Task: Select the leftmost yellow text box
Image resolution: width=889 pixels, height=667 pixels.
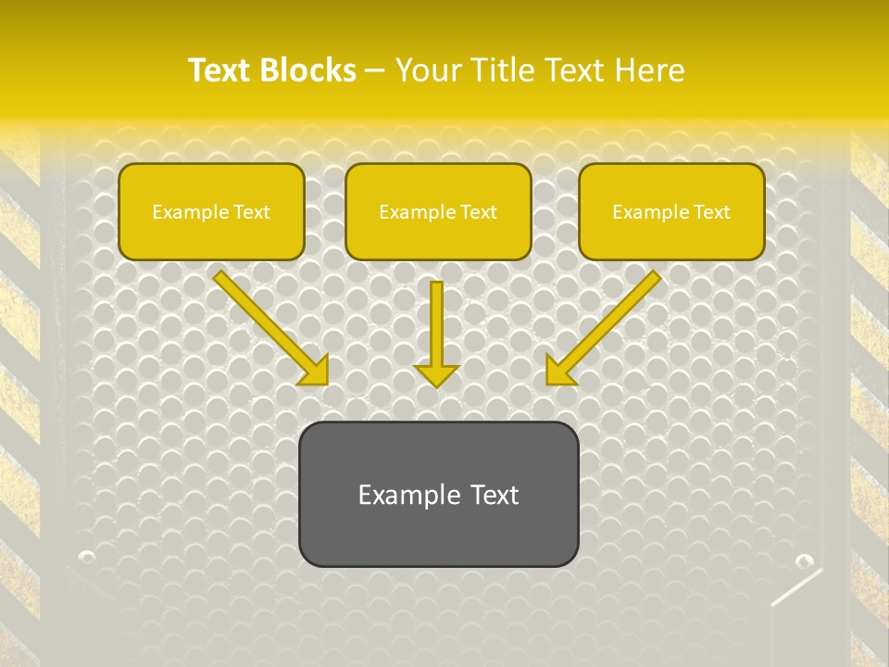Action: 211,211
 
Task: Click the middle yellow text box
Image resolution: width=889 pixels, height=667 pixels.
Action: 438,211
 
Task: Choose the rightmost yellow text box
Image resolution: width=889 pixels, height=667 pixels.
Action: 671,211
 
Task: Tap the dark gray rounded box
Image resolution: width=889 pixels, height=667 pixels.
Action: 438,494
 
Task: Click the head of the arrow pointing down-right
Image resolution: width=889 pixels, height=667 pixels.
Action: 315,371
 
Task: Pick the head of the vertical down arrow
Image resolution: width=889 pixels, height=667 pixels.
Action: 436,374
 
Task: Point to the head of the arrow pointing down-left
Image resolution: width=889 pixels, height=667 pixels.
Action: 560,371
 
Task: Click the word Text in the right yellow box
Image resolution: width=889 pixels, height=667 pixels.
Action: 711,212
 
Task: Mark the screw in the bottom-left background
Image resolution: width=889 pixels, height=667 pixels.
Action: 87,557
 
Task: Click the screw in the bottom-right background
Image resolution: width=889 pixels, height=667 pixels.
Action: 803,560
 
